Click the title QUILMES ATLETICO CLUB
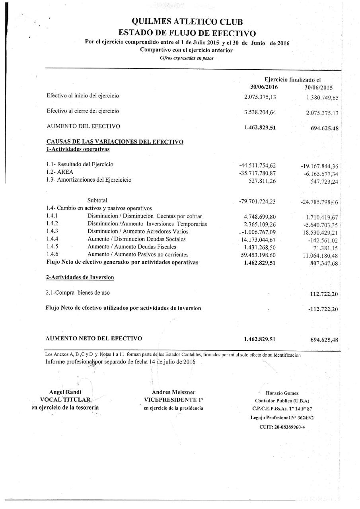(189, 22)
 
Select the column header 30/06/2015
(318, 87)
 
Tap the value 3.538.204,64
(260, 112)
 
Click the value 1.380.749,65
(322, 98)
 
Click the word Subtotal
(97, 200)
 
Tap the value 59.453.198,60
(259, 255)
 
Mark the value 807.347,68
(322, 263)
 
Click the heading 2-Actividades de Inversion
(80, 277)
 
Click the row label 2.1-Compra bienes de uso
(78, 293)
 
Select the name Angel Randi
(65, 392)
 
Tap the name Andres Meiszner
(173, 392)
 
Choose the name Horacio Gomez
(282, 393)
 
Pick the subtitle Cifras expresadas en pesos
(187, 58)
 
